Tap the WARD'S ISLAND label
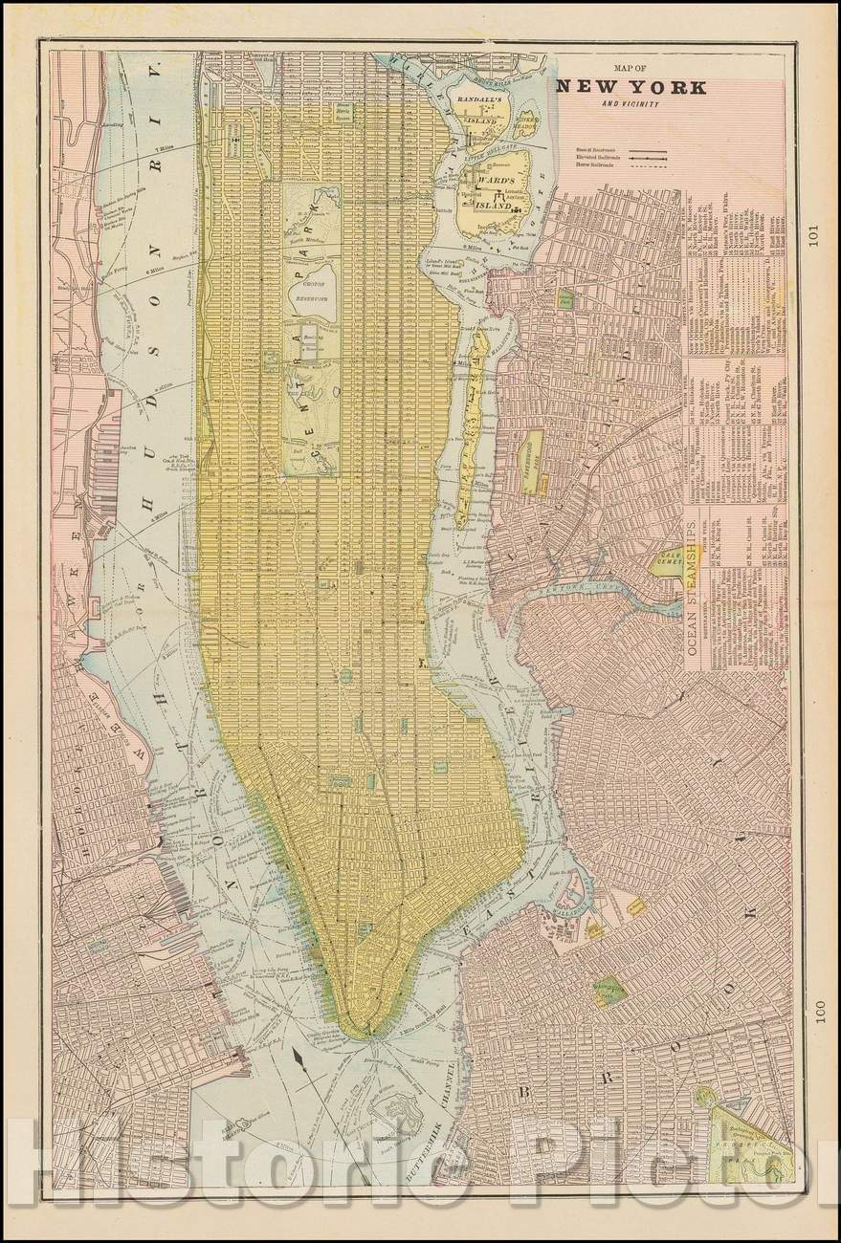coord(491,183)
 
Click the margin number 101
coord(813,235)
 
